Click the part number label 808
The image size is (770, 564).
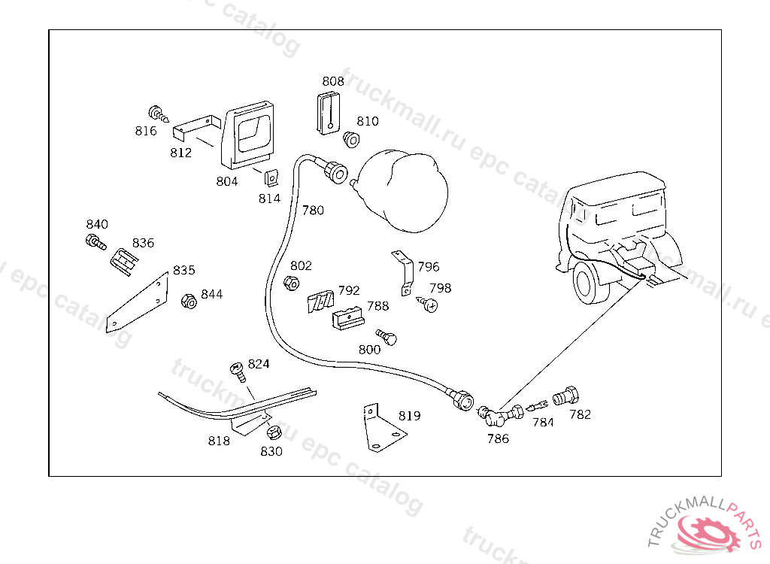[333, 81]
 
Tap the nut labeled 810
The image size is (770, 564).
[351, 139]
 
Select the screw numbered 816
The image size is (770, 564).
[159, 114]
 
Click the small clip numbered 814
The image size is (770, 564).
[269, 177]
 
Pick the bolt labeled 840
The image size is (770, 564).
[95, 243]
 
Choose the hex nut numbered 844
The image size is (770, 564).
[189, 302]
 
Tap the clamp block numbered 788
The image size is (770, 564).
[348, 319]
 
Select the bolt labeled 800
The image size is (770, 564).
[387, 337]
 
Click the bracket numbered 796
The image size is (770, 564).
[402, 271]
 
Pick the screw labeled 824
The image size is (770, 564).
[238, 371]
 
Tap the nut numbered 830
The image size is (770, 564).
[273, 432]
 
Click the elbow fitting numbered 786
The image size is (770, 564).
[487, 414]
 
